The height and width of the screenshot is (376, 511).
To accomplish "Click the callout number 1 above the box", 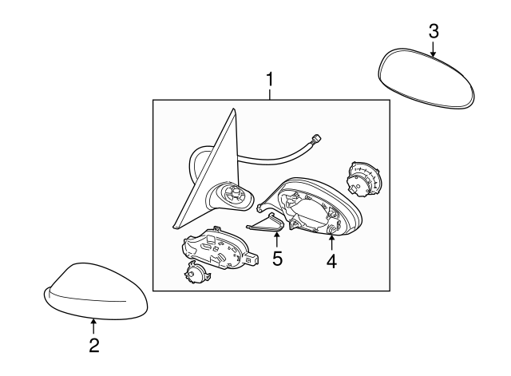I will [270, 79].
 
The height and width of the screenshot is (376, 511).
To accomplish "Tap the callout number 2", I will [93, 346].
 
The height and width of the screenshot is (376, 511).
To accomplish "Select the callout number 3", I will [434, 31].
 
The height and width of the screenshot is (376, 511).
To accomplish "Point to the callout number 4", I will [331, 261].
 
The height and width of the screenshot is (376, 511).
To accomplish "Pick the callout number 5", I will [277, 259].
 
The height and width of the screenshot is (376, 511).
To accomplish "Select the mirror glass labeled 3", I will [429, 76].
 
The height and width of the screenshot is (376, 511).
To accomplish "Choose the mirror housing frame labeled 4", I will [315, 209].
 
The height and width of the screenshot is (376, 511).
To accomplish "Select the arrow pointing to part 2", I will [93, 325].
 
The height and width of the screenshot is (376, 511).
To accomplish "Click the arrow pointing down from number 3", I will [434, 50].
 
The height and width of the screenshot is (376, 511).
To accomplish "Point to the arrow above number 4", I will [331, 240].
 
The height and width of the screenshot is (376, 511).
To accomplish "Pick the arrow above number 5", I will [277, 237].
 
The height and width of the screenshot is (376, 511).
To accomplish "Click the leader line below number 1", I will [270, 93].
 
